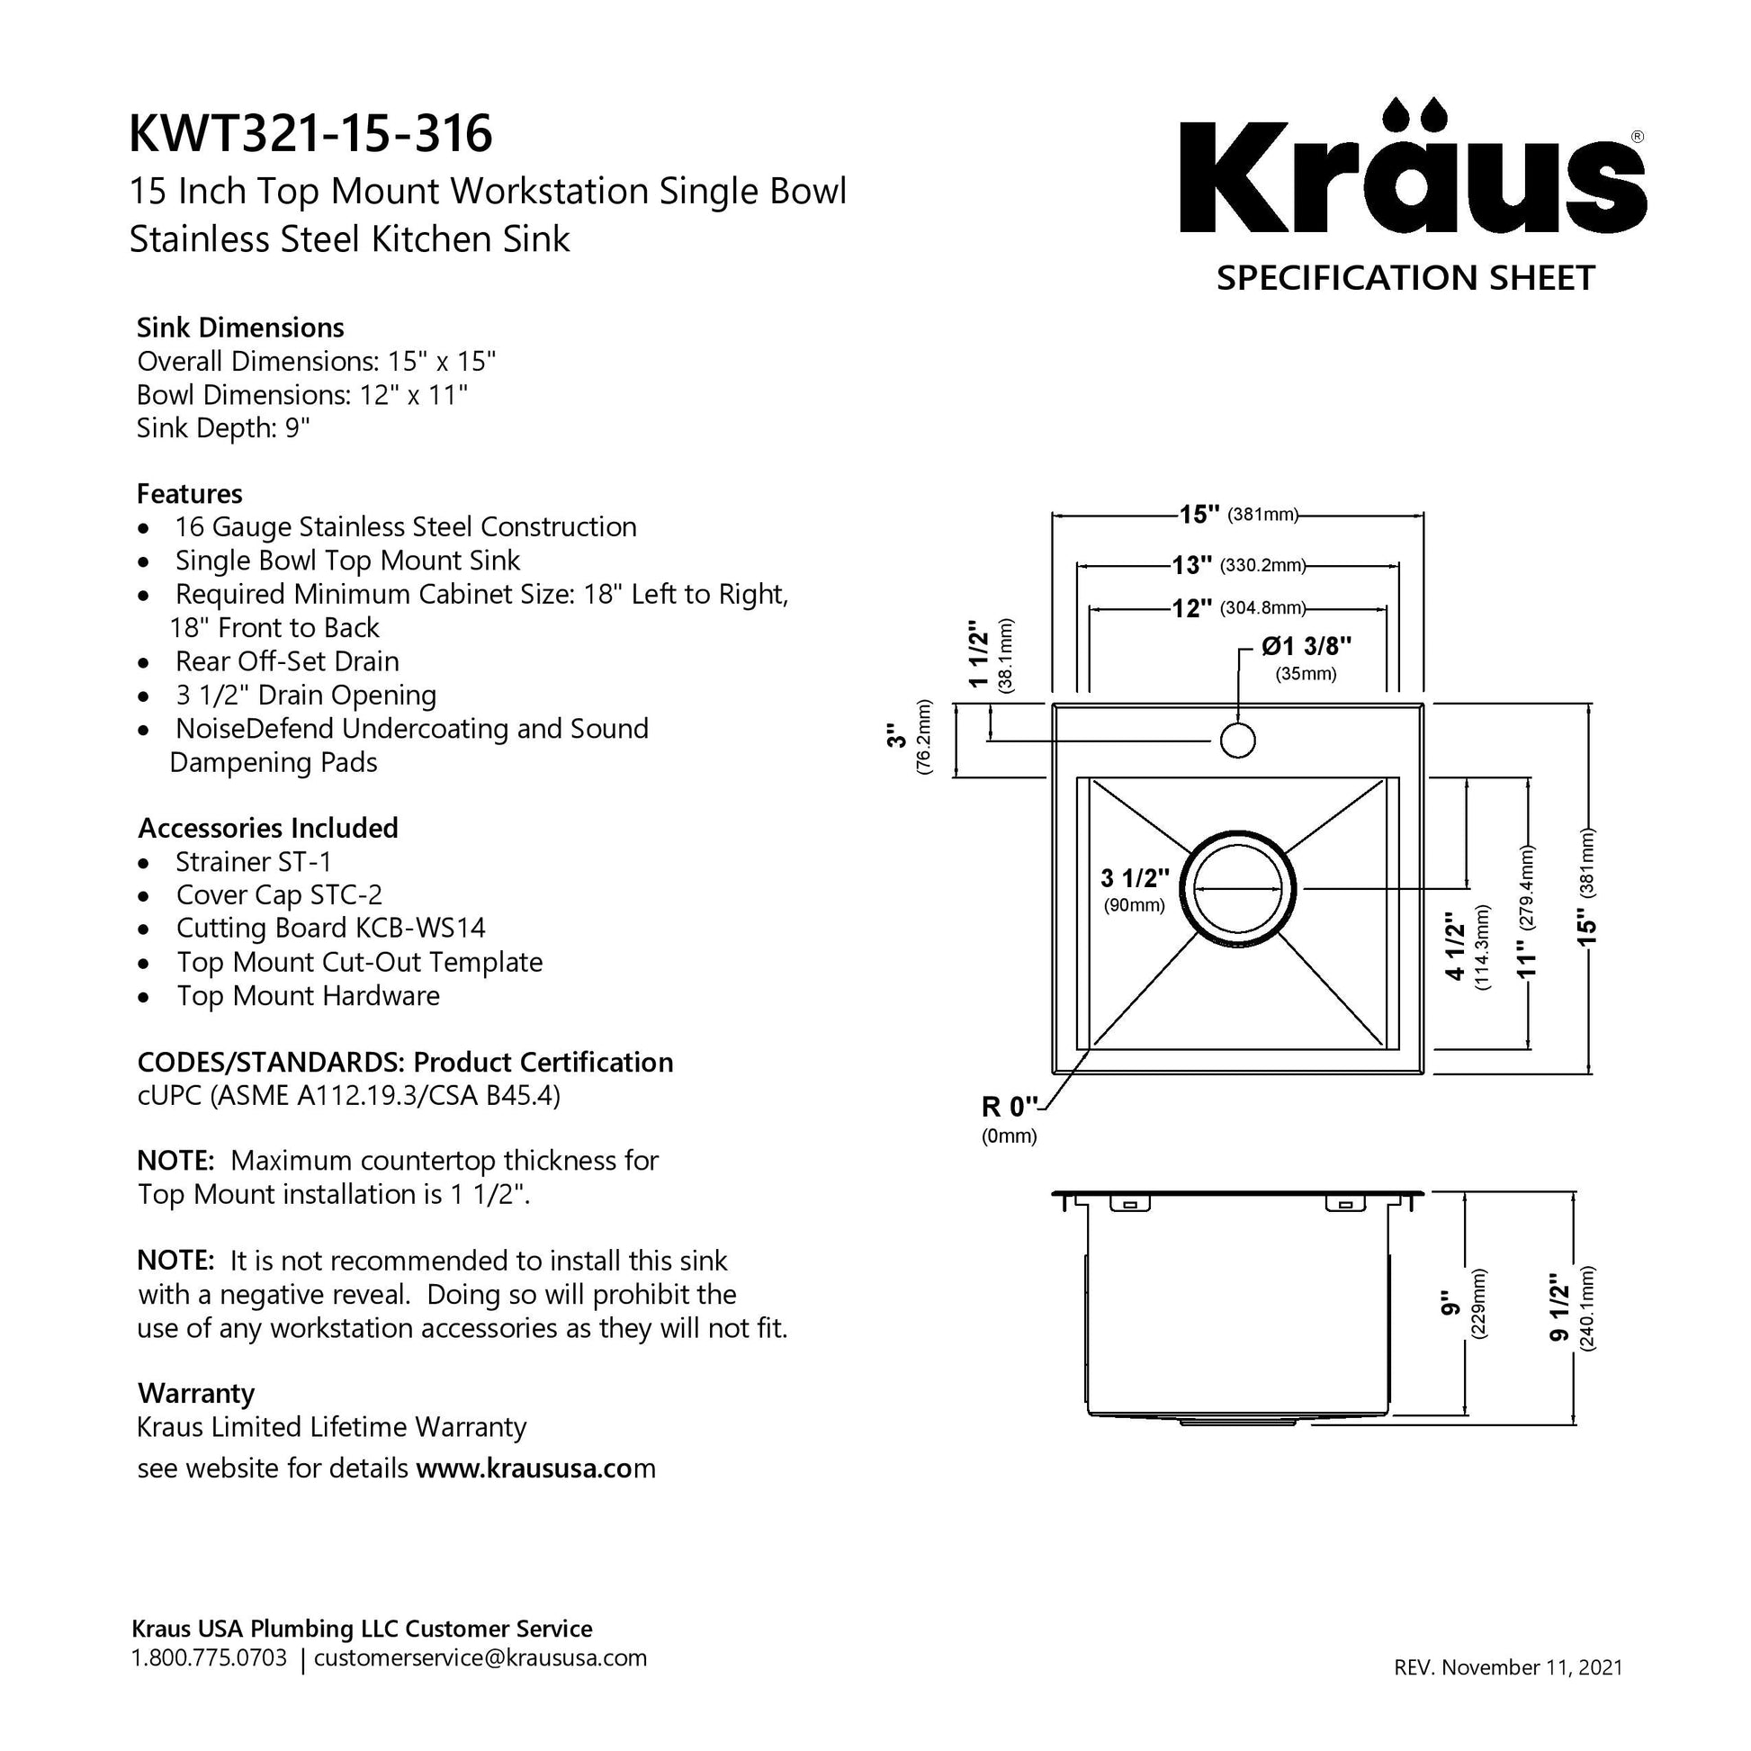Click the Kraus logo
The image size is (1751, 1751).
click(x=1412, y=166)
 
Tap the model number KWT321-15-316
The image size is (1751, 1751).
click(x=310, y=133)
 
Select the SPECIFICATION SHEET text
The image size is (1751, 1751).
click(x=1405, y=277)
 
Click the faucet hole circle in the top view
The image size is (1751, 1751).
click(x=1237, y=740)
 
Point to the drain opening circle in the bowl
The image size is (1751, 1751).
click(x=1238, y=888)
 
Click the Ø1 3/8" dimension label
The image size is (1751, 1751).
click(x=1306, y=646)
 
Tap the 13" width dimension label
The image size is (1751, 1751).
click(x=1192, y=566)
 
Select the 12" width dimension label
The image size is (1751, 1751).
click(x=1192, y=608)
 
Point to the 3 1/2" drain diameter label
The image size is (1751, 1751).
click(x=1135, y=877)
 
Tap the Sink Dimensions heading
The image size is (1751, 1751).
click(x=240, y=328)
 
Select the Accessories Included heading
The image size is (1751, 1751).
click(x=268, y=828)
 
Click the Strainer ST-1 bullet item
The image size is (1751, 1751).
click(x=254, y=861)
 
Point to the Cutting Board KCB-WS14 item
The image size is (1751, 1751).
click(x=331, y=928)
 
